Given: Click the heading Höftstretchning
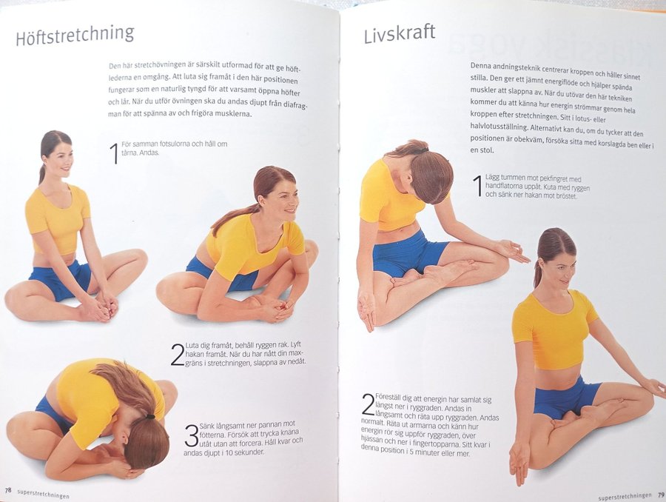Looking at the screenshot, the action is (x=75, y=36).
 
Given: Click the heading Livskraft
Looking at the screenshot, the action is (x=400, y=33).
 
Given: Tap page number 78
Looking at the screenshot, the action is (x=8, y=489).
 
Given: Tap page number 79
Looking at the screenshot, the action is (x=661, y=495).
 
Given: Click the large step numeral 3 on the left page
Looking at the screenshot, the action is (x=192, y=435).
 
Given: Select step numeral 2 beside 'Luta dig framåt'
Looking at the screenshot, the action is (x=177, y=355).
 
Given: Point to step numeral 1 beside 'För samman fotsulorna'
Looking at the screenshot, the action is (x=114, y=153).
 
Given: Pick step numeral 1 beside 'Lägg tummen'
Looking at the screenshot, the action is (x=478, y=186).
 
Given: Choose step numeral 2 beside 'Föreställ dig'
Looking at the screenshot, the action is (x=368, y=405).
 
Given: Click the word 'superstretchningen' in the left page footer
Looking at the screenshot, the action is (x=44, y=493).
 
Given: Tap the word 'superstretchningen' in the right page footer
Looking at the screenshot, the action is (x=625, y=495).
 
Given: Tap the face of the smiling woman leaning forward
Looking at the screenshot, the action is (x=283, y=203).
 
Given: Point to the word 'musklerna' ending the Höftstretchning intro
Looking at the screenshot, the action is (x=234, y=114).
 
